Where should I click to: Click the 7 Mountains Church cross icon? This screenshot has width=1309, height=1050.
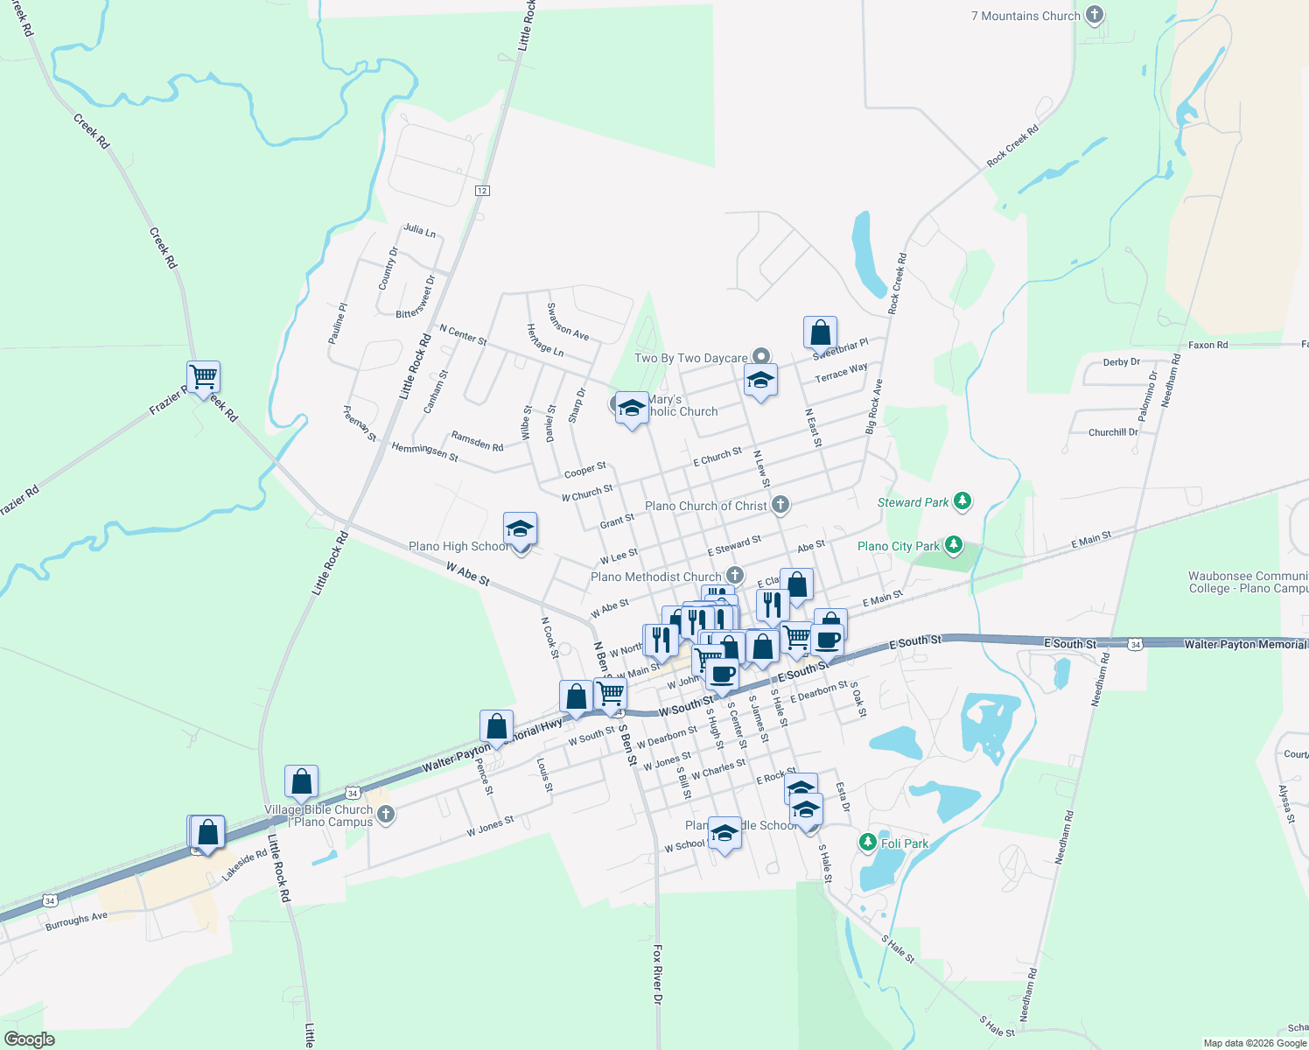[1094, 15]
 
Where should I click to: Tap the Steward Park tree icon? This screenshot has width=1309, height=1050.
[962, 501]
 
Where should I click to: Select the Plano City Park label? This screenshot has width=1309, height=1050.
[898, 546]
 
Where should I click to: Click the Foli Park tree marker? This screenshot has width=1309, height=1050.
[867, 842]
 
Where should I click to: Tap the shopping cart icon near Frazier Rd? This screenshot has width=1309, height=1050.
[203, 377]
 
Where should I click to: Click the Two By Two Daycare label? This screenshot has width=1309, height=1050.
[690, 358]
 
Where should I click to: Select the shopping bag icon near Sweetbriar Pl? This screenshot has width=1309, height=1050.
[820, 332]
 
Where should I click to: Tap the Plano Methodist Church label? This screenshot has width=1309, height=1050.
[655, 577]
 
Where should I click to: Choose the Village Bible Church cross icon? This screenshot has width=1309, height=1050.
[386, 815]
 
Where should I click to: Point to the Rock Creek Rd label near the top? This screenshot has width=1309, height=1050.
[1012, 146]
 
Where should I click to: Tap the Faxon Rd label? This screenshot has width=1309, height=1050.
[1207, 345]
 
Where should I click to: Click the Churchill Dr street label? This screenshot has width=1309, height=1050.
[1113, 432]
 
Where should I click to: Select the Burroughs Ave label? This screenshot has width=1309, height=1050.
[76, 920]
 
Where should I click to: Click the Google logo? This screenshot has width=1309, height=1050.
[29, 1039]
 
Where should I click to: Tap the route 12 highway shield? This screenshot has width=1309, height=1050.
[482, 191]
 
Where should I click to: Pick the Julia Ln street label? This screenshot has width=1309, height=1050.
[419, 231]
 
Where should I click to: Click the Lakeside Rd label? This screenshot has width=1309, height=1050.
[244, 864]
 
